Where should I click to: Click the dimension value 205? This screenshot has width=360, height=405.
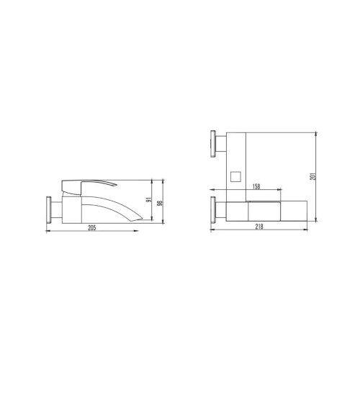point(91,227)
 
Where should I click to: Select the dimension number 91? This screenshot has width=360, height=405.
point(148,200)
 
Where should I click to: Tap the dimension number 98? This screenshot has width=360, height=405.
point(161,203)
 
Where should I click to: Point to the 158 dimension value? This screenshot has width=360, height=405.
point(256,186)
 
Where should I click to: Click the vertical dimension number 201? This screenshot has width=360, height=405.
point(313,176)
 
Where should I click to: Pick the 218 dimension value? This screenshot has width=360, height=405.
point(259,227)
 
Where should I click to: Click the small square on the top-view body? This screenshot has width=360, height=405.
point(235,177)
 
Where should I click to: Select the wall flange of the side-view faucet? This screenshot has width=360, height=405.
point(48,210)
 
